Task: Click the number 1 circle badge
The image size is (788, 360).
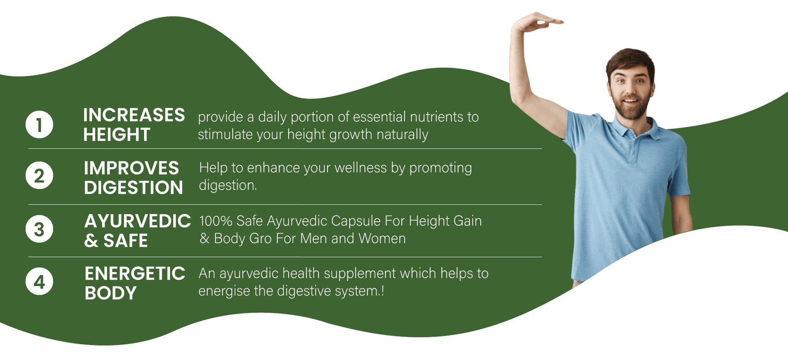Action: pos(39,124)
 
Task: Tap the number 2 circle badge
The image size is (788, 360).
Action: pos(39,175)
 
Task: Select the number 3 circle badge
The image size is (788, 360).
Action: pos(39,229)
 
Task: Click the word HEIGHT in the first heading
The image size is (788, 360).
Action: pos(117,135)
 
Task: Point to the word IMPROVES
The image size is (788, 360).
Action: pos(131,168)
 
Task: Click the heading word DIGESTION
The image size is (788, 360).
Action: pos(133,188)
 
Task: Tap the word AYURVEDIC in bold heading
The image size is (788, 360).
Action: pos(137,221)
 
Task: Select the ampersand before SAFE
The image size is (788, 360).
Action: pos(91,241)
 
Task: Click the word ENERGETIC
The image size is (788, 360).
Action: pos(135,273)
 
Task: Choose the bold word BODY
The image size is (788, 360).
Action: pos(110,293)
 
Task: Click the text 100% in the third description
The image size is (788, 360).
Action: pos(216,221)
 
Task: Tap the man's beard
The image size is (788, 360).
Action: pos(630,106)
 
